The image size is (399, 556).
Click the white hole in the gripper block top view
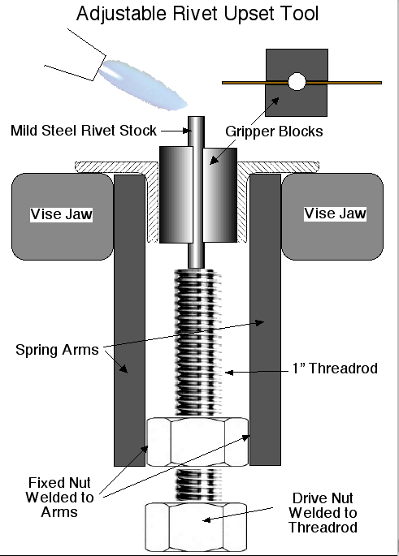point(296,82)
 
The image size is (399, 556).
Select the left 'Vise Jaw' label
point(62,214)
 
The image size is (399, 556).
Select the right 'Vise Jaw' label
point(334,213)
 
